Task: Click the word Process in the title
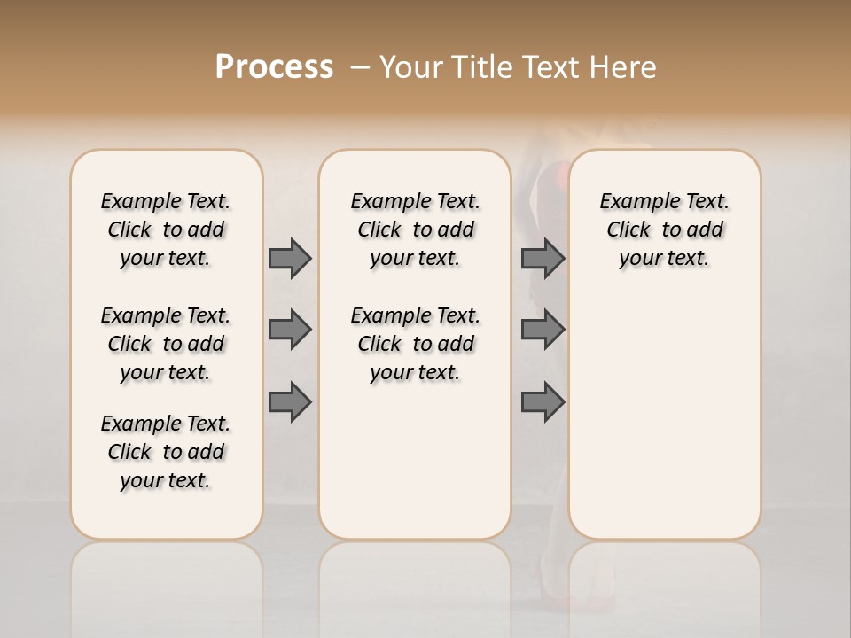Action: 274,67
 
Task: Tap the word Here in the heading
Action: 624,67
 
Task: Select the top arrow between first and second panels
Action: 290,258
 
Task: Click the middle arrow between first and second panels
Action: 290,330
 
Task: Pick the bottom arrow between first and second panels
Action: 290,402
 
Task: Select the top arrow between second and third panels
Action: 543,258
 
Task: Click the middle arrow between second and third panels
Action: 543,330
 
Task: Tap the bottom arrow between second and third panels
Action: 543,402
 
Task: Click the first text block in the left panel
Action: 166,230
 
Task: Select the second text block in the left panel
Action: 166,344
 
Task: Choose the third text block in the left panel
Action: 166,452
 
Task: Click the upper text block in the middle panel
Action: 415,230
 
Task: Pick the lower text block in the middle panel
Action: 415,344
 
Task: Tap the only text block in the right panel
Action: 664,230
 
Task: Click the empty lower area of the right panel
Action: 664,416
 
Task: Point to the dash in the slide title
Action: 359,68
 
